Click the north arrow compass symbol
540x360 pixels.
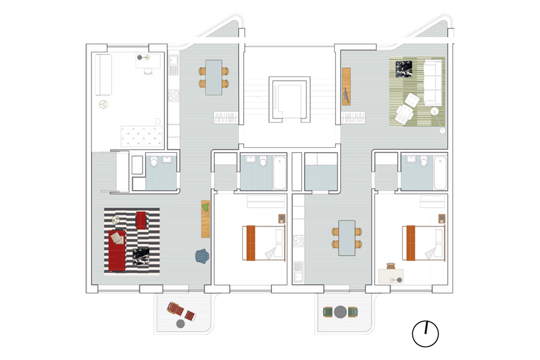(x=425, y=334)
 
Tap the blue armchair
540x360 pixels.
(x=202, y=255)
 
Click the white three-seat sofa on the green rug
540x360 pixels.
(x=433, y=82)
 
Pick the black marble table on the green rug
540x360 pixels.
(x=405, y=71)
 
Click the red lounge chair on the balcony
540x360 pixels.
(x=181, y=311)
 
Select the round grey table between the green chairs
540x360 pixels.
(x=340, y=312)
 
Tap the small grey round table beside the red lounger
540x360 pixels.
(x=180, y=324)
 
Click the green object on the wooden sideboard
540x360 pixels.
(x=206, y=207)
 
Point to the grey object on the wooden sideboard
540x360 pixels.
(x=346, y=94)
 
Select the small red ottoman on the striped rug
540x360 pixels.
(x=142, y=220)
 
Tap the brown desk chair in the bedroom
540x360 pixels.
(x=390, y=266)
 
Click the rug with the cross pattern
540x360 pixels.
(x=141, y=136)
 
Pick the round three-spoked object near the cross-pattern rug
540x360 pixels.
(x=104, y=104)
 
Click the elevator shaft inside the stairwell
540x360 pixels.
(x=290, y=99)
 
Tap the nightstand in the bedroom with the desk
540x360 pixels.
(x=442, y=219)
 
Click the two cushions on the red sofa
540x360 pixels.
(x=117, y=237)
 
